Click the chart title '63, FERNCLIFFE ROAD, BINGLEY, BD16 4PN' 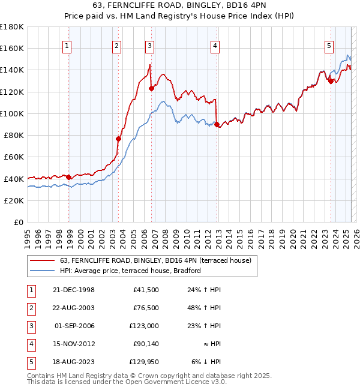180,8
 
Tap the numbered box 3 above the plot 149,45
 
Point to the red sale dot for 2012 217,124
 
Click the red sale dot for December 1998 69,177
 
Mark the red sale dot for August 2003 118,139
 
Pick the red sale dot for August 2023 331,82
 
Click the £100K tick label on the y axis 12,113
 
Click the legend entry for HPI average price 130,271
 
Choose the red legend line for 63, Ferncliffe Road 42,260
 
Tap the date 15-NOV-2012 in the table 74,344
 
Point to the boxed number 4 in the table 30,344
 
